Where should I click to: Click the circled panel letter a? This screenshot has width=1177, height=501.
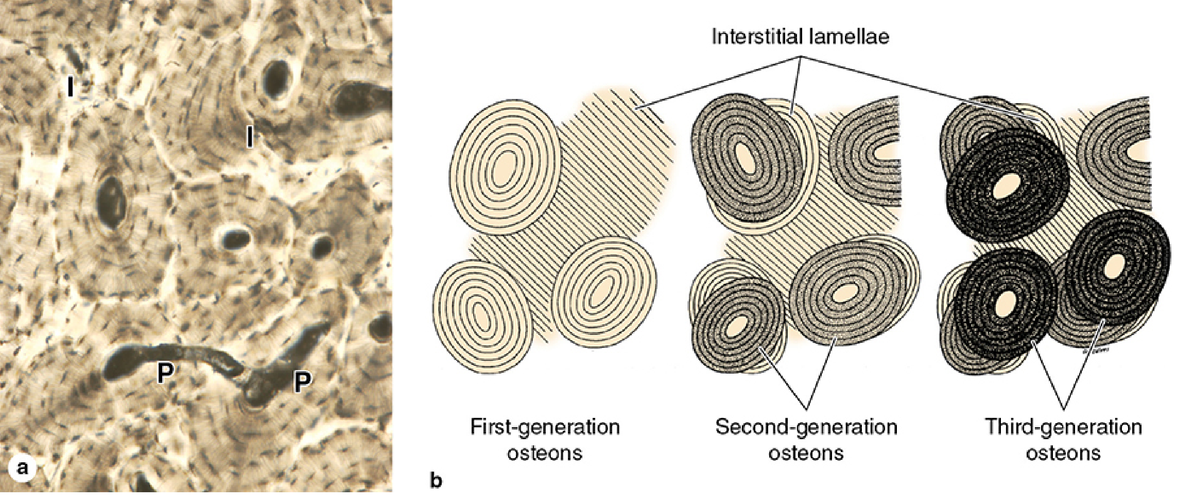[22, 469]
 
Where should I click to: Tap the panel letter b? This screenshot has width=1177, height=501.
[436, 480]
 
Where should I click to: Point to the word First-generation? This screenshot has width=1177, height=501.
[545, 427]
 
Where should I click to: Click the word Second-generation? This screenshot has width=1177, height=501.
[806, 427]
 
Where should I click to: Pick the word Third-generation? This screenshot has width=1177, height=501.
[1064, 427]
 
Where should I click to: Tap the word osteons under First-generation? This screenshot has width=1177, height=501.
[545, 454]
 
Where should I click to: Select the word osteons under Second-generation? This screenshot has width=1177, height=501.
[806, 454]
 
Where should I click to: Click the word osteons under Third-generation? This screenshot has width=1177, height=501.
[1064, 454]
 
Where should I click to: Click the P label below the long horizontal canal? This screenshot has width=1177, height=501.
[165, 373]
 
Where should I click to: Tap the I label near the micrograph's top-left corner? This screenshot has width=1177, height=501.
[70, 88]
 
